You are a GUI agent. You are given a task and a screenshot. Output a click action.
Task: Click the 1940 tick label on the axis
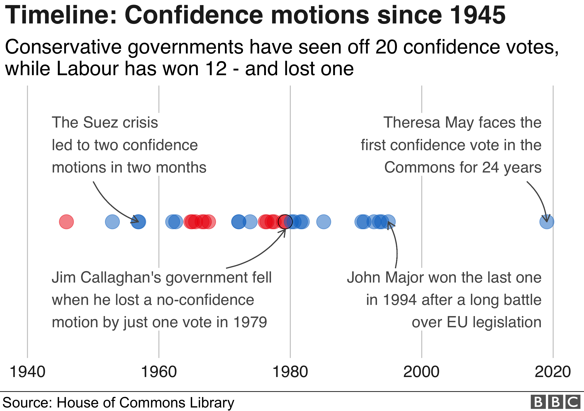click(27, 372)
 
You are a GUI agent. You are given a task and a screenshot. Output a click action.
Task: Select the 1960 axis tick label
click(159, 372)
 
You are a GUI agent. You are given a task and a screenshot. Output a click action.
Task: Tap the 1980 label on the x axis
click(290, 372)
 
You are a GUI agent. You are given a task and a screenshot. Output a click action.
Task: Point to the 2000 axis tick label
click(421, 372)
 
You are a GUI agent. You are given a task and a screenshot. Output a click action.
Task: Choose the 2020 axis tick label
click(553, 372)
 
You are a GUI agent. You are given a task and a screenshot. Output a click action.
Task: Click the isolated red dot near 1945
click(66, 222)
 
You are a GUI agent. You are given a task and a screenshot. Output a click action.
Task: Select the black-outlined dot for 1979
click(285, 222)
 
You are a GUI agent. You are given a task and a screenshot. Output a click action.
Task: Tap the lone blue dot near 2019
click(547, 222)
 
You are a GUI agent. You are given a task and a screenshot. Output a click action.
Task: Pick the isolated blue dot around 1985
click(324, 222)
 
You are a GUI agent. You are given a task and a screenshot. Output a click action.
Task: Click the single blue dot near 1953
click(112, 222)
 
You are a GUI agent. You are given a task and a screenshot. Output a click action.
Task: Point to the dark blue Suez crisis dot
click(138, 222)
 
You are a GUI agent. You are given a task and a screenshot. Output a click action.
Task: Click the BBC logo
click(556, 402)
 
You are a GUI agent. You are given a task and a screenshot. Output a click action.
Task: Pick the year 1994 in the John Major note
click(399, 300)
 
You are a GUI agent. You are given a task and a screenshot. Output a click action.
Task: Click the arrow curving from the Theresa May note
click(539, 199)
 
